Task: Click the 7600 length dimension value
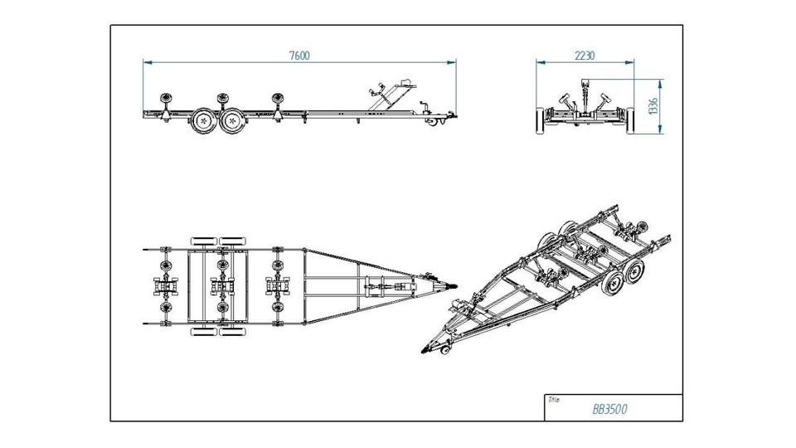[x=299, y=56]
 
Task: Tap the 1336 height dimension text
[x=653, y=105]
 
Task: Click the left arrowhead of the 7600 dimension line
[x=146, y=61]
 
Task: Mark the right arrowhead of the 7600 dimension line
[x=453, y=61]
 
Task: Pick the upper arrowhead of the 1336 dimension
[x=662, y=82]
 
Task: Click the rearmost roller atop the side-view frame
[x=165, y=97]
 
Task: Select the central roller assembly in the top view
[x=221, y=285]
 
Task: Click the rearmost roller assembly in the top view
[x=163, y=285]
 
